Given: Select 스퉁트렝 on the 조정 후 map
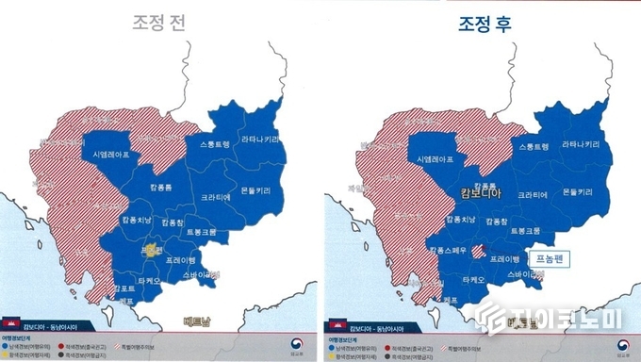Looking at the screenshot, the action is tap(533, 146).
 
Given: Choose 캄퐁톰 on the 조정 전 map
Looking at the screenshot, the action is tap(159, 188).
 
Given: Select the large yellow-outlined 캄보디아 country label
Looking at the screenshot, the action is tap(481, 193).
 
